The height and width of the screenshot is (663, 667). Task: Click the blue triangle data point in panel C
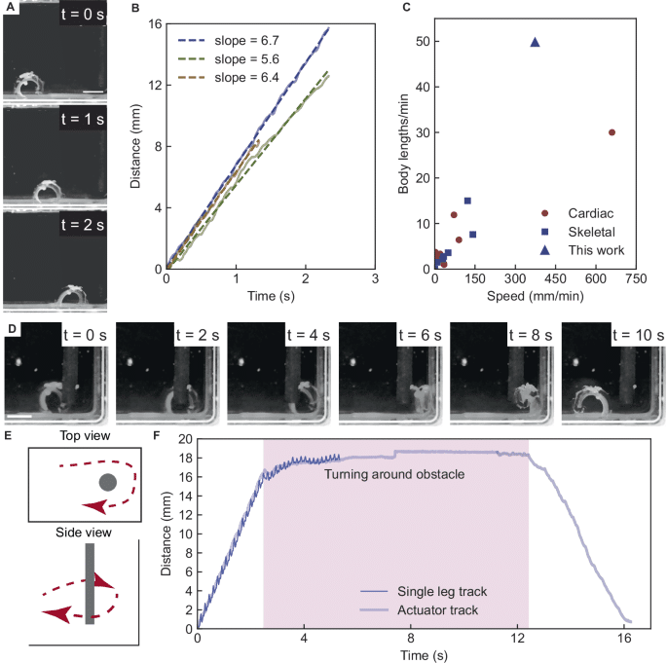(536, 42)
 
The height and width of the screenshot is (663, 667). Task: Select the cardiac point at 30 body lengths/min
(611, 132)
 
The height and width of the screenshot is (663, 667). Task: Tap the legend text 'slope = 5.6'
(246, 59)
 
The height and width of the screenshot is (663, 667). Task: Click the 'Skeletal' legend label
(591, 232)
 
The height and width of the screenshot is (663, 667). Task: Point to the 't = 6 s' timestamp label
(420, 335)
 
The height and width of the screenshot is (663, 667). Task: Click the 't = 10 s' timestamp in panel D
(638, 335)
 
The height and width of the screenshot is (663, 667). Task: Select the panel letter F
(157, 435)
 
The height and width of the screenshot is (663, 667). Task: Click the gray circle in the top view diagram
(108, 482)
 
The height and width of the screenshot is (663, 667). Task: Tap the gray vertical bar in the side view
(90, 584)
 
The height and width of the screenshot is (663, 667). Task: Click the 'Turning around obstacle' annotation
(394, 474)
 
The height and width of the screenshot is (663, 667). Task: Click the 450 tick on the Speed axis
(555, 279)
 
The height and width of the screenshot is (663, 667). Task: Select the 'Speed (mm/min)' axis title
(536, 296)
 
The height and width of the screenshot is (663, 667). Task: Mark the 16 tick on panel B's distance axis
(155, 23)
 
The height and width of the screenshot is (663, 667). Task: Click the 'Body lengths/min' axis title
(403, 144)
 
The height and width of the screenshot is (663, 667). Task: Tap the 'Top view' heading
(85, 436)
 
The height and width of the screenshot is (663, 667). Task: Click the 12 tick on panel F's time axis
(517, 639)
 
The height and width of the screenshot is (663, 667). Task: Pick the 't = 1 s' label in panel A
(83, 120)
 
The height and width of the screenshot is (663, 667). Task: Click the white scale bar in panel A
(93, 92)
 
